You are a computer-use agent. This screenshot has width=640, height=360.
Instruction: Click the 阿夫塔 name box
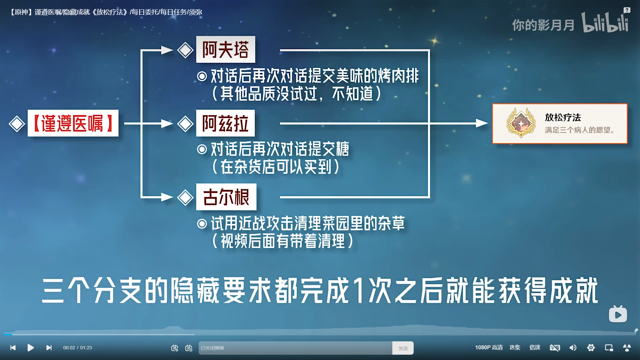pyautogui.click(x=226, y=50)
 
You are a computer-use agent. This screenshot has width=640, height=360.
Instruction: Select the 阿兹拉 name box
pyautogui.click(x=225, y=123)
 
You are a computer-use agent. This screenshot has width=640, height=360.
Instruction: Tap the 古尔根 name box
pyautogui.click(x=226, y=197)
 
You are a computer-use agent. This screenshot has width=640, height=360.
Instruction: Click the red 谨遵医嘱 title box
pyautogui.click(x=73, y=123)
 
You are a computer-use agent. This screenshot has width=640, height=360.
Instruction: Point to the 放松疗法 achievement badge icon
pyautogui.click(x=521, y=123)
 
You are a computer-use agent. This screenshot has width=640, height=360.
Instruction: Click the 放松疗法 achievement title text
pyautogui.click(x=563, y=117)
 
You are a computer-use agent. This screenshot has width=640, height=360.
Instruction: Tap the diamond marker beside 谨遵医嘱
pyautogui.click(x=17, y=124)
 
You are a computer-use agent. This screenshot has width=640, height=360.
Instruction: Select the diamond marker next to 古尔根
pyautogui.click(x=185, y=198)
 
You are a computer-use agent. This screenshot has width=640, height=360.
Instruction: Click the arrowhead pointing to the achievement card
pyautogui.click(x=482, y=123)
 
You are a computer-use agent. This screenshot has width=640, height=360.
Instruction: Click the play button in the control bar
pyautogui.click(x=31, y=348)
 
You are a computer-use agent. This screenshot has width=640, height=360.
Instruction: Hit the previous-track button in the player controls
pyautogui.click(x=13, y=348)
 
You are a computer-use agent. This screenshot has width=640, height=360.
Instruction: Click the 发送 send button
pyautogui.click(x=403, y=348)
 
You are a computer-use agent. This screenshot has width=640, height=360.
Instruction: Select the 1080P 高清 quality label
pyautogui.click(x=489, y=348)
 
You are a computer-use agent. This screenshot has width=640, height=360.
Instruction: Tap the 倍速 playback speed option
pyautogui.click(x=535, y=348)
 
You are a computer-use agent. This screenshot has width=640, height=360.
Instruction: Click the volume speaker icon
pyautogui.click(x=573, y=348)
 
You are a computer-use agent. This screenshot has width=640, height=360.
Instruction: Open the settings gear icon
pyautogui.click(x=591, y=348)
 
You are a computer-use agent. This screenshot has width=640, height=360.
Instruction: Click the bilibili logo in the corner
pyautogui.click(x=605, y=22)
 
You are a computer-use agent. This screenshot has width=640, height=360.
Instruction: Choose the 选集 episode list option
pyautogui.click(x=515, y=348)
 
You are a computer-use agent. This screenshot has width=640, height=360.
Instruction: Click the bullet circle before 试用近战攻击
pyautogui.click(x=202, y=224)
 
